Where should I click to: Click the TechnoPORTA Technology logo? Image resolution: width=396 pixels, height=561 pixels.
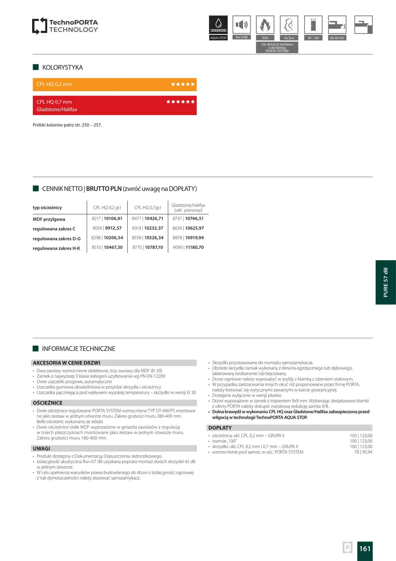[65, 26]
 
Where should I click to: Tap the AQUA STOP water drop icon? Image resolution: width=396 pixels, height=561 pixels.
[218, 24]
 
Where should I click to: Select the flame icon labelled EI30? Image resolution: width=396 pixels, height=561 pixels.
[265, 25]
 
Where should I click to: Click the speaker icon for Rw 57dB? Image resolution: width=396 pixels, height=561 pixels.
[241, 25]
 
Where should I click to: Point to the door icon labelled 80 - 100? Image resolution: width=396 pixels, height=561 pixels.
[313, 25]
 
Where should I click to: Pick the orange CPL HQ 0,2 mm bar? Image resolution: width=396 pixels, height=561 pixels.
[115, 84]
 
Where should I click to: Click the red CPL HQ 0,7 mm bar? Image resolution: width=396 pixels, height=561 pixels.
[115, 105]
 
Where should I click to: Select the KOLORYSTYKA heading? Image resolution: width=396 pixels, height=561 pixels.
[62, 68]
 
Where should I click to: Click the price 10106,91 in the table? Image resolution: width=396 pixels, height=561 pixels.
[113, 219]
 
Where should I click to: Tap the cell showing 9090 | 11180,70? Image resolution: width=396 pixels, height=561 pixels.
[188, 248]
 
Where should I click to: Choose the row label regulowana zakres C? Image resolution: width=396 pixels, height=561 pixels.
[54, 229]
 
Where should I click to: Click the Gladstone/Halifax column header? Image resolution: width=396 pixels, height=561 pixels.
[188, 208]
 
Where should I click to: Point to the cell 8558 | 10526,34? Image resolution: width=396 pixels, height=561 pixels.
[148, 238]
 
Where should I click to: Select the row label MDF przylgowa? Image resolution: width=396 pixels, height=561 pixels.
[49, 219]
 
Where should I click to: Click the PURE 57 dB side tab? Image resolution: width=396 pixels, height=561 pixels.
[386, 282]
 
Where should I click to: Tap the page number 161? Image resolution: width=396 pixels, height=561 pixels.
[365, 549]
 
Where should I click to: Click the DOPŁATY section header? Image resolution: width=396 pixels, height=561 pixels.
[220, 428]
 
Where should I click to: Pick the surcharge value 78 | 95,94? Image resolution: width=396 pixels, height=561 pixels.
[363, 452]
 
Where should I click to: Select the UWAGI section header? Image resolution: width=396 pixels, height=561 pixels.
[41, 449]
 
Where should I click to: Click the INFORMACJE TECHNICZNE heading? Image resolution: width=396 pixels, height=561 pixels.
[79, 349]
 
